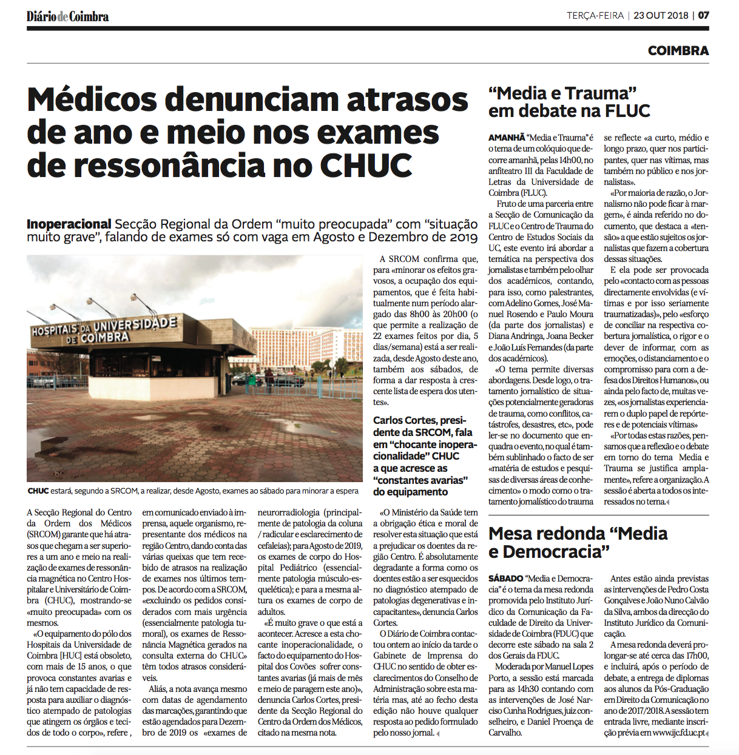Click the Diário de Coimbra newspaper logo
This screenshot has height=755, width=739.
67,16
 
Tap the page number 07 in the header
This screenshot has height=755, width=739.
703,16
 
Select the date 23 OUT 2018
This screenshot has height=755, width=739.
660,16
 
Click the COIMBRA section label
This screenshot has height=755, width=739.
678,51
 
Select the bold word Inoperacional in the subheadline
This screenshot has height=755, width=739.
69,224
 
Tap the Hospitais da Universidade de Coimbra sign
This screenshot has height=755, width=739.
104,330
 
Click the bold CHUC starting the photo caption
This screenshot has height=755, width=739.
38,491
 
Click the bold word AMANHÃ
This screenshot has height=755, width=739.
507,138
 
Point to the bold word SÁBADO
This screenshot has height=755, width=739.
505,579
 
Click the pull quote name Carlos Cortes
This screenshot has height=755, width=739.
404,421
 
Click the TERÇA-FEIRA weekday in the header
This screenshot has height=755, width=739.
595,16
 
